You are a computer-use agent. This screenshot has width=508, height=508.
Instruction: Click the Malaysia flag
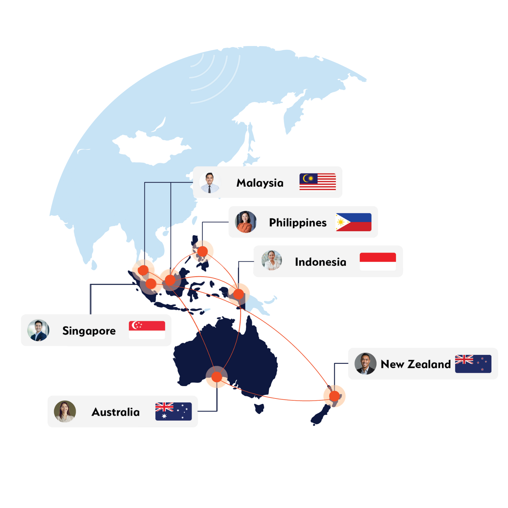pos(317,182)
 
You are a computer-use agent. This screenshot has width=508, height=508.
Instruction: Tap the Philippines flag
pos(353,222)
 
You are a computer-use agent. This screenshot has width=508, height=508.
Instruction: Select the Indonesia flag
pos(378,262)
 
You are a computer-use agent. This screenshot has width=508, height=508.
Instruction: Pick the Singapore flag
pos(147,330)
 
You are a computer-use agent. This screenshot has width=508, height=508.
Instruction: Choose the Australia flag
pos(173,411)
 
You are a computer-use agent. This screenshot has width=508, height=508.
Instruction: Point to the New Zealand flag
pos(473,364)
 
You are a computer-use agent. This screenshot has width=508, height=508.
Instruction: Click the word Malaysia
pos(260,183)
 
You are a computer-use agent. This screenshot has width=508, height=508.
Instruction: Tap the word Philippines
pos(297,223)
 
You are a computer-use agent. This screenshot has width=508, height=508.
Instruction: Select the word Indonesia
pos(320,262)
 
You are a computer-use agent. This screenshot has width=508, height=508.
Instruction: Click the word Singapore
pos(89,331)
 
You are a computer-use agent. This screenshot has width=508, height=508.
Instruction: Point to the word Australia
pos(116,412)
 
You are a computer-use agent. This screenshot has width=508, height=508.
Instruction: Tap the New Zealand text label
pos(415,364)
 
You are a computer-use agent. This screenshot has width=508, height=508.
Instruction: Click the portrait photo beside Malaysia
pos(210,183)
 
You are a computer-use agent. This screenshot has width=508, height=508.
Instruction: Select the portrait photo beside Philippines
pos(245,222)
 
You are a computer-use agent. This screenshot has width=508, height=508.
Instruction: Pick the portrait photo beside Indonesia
pos(271,261)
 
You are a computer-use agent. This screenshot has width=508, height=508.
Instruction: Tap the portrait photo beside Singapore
pos(38,330)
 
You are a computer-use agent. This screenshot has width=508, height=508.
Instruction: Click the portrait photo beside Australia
pos(65,411)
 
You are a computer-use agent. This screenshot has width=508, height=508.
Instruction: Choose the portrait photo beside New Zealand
pos(365,364)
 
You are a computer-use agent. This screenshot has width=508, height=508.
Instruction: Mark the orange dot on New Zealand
pos(334,396)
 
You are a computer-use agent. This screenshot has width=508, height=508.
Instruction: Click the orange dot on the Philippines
pos(202,251)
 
